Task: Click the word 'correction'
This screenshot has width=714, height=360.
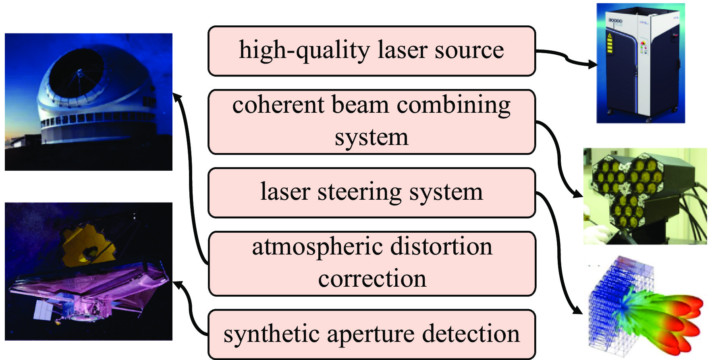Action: pyautogui.click(x=372, y=279)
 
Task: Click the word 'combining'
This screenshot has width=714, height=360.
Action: pyautogui.click(x=453, y=106)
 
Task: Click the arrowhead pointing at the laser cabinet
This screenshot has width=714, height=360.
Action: pyautogui.click(x=593, y=64)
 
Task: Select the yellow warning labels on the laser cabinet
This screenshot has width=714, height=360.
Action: pyautogui.click(x=610, y=43)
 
